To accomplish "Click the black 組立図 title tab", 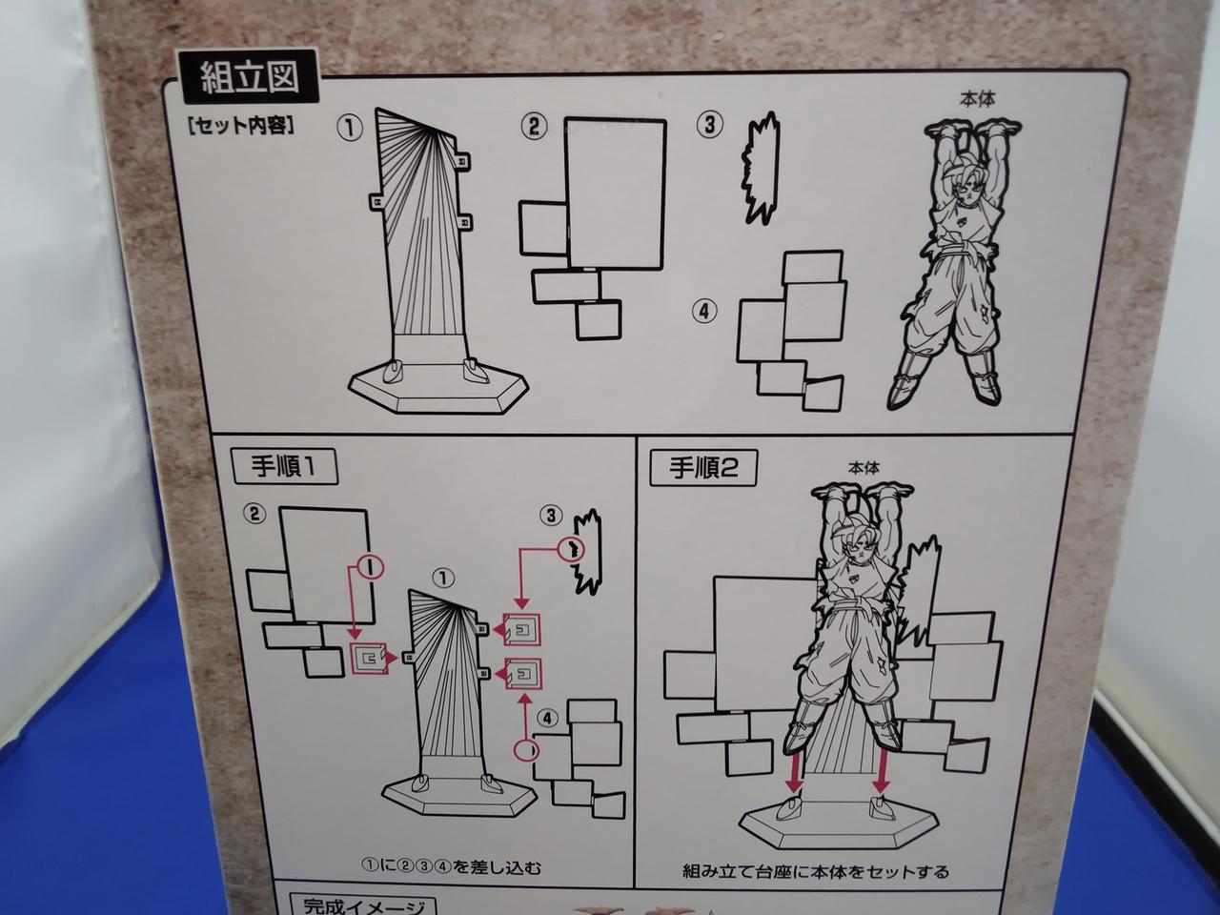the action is click(247, 76).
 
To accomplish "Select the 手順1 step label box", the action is click(285, 467).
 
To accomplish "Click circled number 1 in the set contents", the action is click(350, 129).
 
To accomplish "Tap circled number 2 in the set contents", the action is click(534, 127).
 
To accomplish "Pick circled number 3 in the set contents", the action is click(710, 125).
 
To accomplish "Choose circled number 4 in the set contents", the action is click(704, 312).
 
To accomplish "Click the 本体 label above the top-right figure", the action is click(978, 100).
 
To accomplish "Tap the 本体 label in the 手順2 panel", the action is click(864, 468).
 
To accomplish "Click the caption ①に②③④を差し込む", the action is click(451, 866).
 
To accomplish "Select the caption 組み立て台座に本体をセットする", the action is click(816, 871).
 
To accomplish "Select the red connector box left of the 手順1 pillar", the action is click(369, 659).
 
